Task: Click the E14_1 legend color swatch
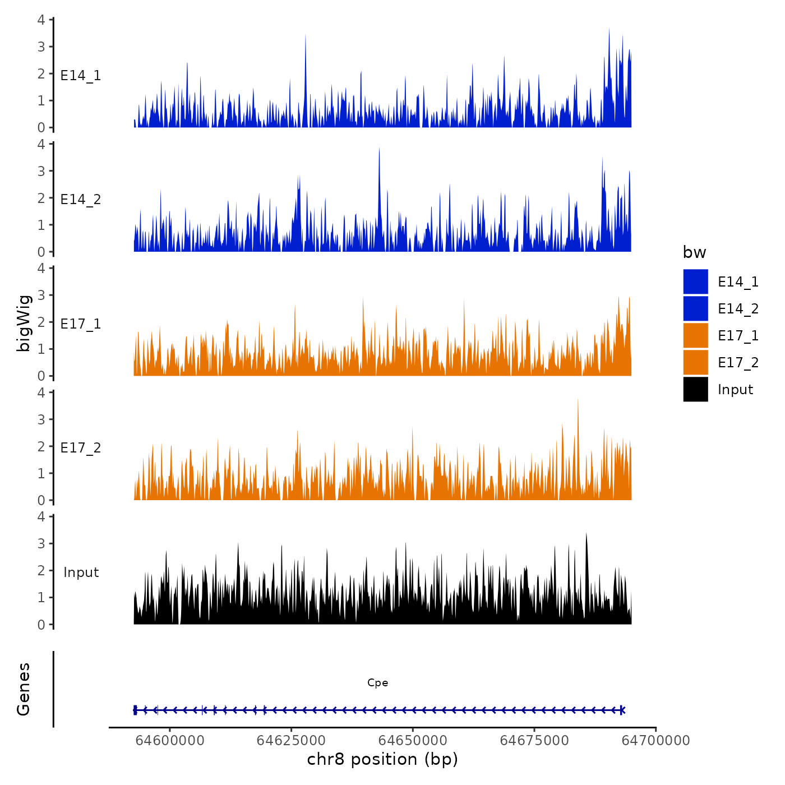pyautogui.click(x=695, y=281)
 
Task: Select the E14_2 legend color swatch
pyautogui.click(x=695, y=308)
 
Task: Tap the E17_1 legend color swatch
pyautogui.click(x=695, y=335)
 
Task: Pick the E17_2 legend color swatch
pyautogui.click(x=695, y=362)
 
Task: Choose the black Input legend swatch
pyautogui.click(x=695, y=389)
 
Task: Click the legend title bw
pyautogui.click(x=694, y=252)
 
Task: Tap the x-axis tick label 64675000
pyautogui.click(x=534, y=740)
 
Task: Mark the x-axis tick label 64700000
pyautogui.click(x=656, y=740)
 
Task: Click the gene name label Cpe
pyautogui.click(x=377, y=682)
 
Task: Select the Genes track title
pyautogui.click(x=24, y=689)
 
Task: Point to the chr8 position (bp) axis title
pyautogui.click(x=382, y=759)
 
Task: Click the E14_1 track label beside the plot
pyautogui.click(x=81, y=75)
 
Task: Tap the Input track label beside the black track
pyautogui.click(x=81, y=572)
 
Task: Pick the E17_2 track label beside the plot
pyautogui.click(x=81, y=447)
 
